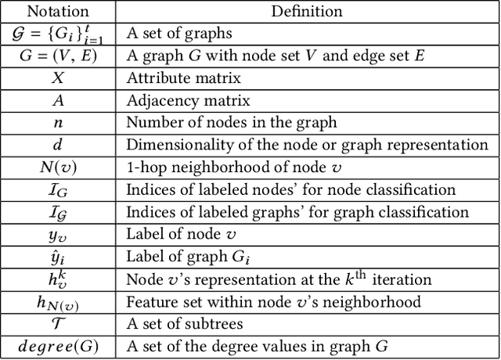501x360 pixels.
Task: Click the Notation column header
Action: pyautogui.click(x=59, y=11)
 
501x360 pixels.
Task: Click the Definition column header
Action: pyautogui.click(x=307, y=11)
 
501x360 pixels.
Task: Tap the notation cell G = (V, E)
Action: pyautogui.click(x=59, y=56)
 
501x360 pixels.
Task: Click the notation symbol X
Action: pyautogui.click(x=59, y=78)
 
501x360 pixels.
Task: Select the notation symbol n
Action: pyautogui.click(x=59, y=123)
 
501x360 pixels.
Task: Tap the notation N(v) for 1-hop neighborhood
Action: pyautogui.click(x=59, y=167)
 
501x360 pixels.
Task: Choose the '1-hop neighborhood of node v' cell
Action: pyautogui.click(x=214, y=167)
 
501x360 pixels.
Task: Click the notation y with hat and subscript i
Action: pyautogui.click(x=59, y=257)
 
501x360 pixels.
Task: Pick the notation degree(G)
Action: pyautogui.click(x=59, y=346)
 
